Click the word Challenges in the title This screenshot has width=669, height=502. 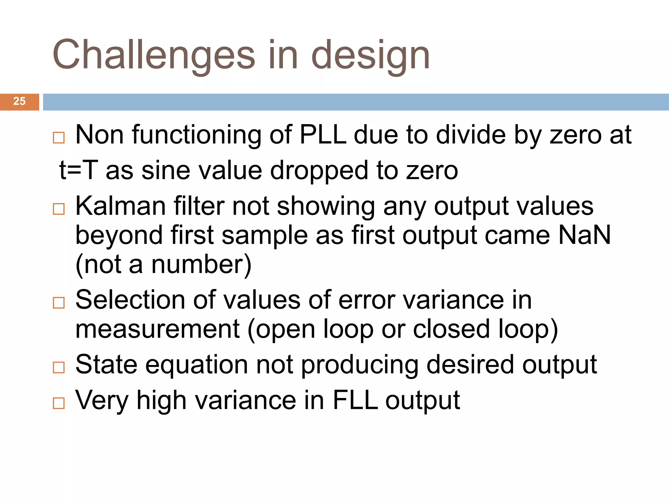(x=154, y=55)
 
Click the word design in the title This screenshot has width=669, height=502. (x=371, y=55)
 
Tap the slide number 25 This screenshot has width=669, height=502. (x=19, y=101)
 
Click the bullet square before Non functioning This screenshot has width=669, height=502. (x=59, y=138)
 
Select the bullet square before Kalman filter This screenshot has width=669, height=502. (x=59, y=209)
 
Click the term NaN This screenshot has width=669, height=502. (x=584, y=235)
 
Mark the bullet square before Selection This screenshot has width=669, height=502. (x=59, y=303)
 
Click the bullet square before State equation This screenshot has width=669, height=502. (x=59, y=367)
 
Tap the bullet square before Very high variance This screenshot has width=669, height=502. (x=59, y=403)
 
